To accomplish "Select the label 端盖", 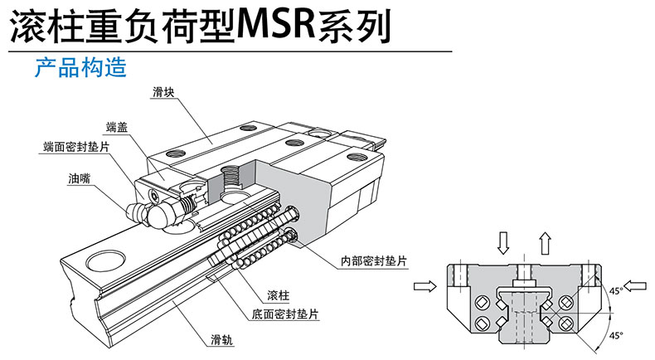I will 117,127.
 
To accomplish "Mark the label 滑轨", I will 221,339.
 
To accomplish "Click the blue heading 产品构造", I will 80,67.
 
